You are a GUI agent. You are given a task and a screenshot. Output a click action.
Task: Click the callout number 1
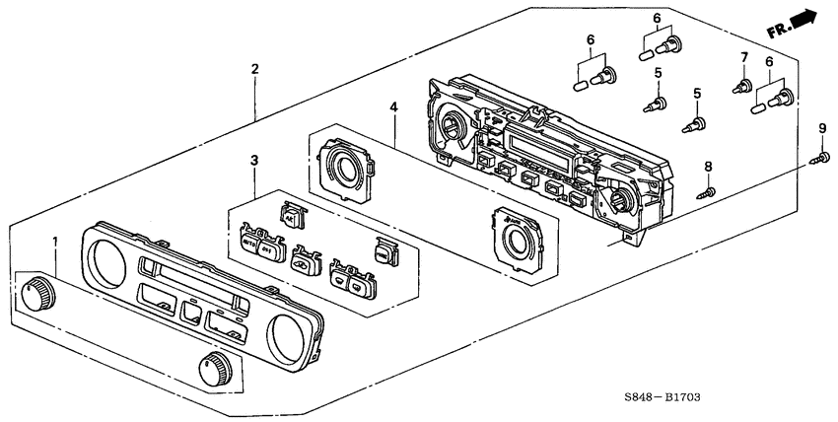click(55, 243)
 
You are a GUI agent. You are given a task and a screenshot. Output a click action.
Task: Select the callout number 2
click(254, 69)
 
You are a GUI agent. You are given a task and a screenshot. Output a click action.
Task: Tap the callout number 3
click(253, 160)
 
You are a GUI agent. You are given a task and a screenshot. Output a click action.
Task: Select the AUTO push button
click(247, 240)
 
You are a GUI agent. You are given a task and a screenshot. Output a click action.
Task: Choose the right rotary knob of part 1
click(217, 367)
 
